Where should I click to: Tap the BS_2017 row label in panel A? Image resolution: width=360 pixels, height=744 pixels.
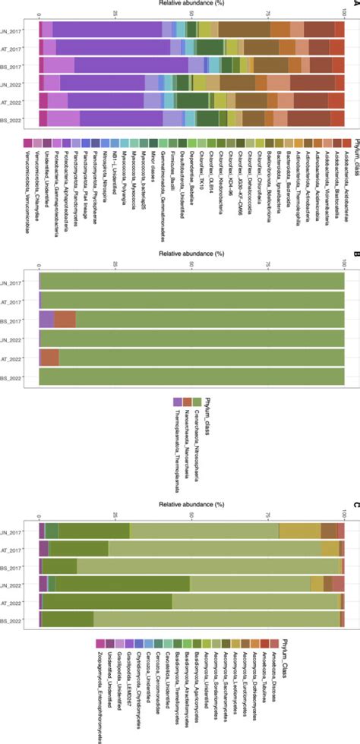pyautogui.click(x=15, y=65)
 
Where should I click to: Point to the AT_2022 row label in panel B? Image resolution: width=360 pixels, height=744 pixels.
pyautogui.click(x=15, y=358)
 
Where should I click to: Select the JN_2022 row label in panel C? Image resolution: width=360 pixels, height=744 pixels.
pyautogui.click(x=15, y=584)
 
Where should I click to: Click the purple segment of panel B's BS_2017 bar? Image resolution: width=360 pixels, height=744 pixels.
pyautogui.click(x=46, y=319)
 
